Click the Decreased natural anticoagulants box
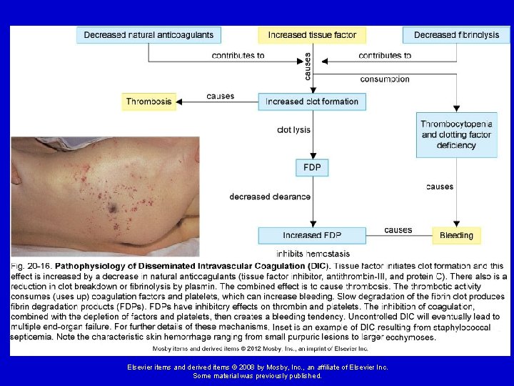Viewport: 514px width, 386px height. click(149, 35)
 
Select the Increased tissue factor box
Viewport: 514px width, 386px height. click(312, 35)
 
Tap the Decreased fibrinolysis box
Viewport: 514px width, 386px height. click(457, 35)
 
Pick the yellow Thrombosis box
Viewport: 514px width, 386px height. click(149, 102)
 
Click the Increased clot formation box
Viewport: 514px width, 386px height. click(312, 102)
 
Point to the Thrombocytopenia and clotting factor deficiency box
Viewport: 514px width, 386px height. click(457, 134)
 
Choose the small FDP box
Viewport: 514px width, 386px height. click(312, 168)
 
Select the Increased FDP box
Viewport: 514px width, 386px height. click(312, 235)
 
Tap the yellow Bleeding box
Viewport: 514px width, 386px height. click(456, 235)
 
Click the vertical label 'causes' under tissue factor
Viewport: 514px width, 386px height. click(308, 66)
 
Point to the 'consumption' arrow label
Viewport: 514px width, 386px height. click(385, 79)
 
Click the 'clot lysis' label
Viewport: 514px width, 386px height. click(294, 130)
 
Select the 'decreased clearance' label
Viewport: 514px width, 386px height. click(270, 197)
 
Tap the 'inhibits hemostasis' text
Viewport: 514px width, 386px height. click(313, 254)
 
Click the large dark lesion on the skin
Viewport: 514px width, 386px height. click(112, 208)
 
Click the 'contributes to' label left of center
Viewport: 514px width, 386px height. click(238, 56)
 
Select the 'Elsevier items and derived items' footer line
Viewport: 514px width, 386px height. click(257, 367)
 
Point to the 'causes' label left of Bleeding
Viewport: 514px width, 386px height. click(398, 229)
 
